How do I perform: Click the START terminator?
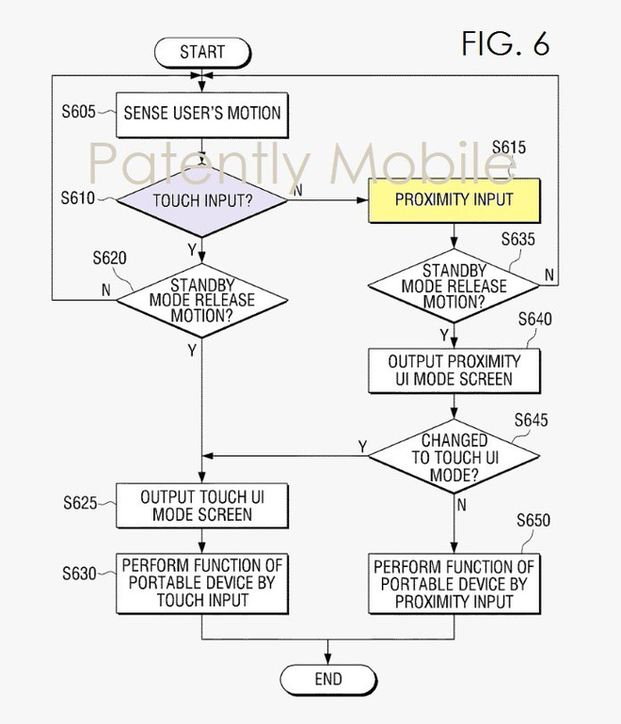coord(202,53)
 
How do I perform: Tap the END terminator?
coord(328,678)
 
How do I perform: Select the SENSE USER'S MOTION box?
coord(202,114)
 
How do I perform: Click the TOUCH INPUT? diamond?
coord(202,199)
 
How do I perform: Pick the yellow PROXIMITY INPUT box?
coord(454,199)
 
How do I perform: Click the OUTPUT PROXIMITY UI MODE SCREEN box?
coord(454,370)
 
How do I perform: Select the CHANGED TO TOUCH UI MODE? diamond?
coord(454,456)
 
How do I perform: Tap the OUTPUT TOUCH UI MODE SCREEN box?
coord(202,506)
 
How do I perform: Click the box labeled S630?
coord(202,582)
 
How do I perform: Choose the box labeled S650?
coord(454,582)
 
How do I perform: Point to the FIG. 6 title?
coord(504,43)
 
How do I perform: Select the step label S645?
coord(530,420)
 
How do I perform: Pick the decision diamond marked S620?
coord(202,300)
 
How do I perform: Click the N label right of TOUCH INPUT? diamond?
coord(298,191)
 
